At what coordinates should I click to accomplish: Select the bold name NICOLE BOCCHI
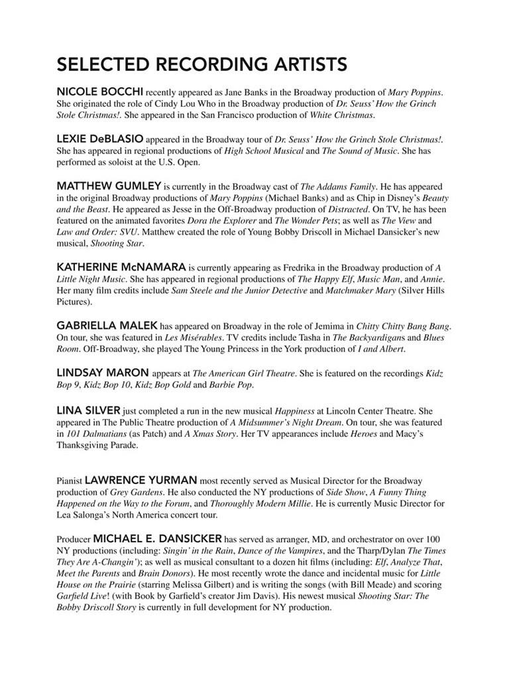coord(99,91)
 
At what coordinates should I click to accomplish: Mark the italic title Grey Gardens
coord(130,493)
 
